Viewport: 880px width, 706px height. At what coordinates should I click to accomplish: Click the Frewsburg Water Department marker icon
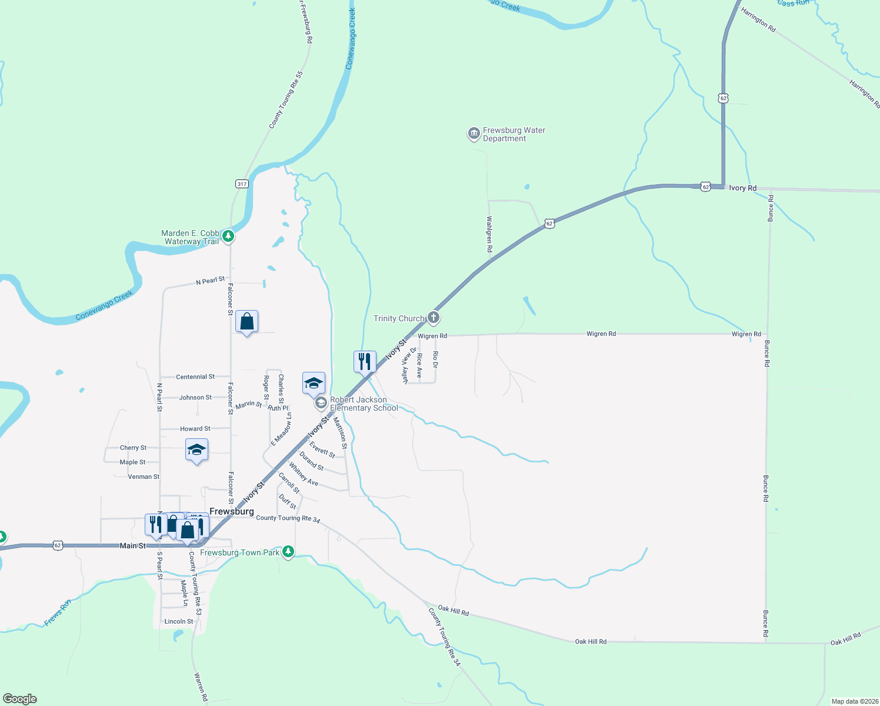474,134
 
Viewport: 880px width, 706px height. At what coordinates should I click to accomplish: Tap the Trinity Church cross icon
434,318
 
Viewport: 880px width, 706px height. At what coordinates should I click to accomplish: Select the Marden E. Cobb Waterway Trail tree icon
228,237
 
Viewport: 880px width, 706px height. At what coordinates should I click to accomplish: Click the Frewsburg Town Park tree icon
288,552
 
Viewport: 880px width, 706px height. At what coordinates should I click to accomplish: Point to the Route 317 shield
242,184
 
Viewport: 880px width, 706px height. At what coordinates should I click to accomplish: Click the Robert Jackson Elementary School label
363,404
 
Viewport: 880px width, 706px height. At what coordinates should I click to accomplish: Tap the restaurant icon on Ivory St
365,361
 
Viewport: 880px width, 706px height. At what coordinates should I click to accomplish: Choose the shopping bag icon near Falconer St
246,322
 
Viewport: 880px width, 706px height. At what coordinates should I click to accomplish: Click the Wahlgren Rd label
489,234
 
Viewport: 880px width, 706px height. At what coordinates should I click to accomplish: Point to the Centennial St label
195,377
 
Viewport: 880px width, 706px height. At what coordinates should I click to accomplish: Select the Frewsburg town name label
232,511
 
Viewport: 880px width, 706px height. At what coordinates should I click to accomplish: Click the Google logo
20,699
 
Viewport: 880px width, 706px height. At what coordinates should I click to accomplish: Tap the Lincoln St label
179,621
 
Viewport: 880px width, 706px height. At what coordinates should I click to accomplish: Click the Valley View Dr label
405,365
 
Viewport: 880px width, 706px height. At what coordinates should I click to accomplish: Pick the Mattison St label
341,433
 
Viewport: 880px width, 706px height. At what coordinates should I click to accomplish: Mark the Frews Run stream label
58,612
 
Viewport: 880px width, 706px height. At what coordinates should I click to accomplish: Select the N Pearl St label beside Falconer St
210,281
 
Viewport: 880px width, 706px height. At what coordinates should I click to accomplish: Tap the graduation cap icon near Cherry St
196,451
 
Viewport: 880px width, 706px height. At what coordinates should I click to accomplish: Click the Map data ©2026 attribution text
854,701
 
